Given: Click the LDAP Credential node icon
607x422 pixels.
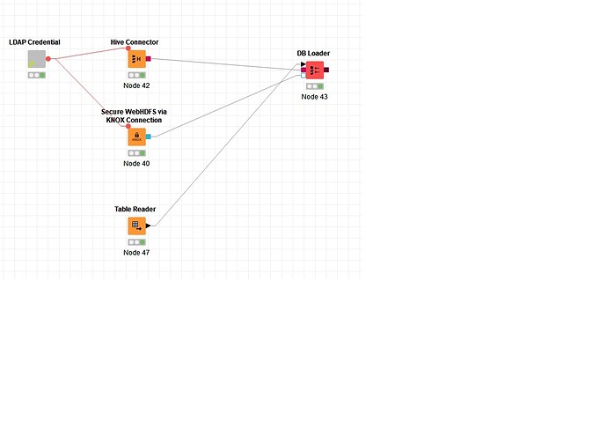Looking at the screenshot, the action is (37, 59).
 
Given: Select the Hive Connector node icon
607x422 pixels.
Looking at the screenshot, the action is (137, 59).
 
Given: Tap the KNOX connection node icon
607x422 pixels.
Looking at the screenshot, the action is (137, 137).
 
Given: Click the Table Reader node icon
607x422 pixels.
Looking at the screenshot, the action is (137, 226).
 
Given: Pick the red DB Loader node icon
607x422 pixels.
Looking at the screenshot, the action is (315, 70).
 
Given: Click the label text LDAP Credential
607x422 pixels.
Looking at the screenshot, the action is (34, 42).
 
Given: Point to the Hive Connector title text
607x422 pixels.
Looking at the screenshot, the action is (135, 42).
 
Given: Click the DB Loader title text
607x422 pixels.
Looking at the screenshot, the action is (313, 53).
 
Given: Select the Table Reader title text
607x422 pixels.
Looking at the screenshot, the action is (135, 209).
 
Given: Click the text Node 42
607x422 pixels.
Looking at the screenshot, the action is (136, 85).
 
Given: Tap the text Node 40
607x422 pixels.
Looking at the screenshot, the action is (136, 164).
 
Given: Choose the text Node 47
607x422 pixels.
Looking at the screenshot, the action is (136, 253).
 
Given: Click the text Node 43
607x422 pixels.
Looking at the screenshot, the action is (314, 97).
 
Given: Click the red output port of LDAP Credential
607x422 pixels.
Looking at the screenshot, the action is (48, 59).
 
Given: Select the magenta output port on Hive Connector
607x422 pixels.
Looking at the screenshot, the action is (149, 59).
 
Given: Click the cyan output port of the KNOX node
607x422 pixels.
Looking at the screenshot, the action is (149, 137).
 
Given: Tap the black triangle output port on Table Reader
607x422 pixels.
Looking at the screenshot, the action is (148, 226).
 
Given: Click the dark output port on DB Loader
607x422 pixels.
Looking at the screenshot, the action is (326, 70).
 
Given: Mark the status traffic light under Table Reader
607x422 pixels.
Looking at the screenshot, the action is (137, 242).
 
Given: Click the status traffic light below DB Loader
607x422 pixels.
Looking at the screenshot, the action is (315, 86).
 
